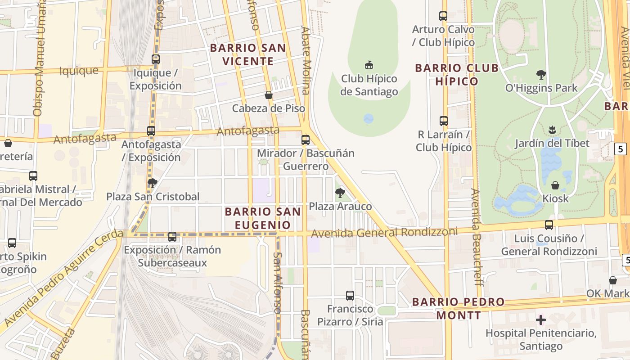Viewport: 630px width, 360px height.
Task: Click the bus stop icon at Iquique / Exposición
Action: [x=156, y=59]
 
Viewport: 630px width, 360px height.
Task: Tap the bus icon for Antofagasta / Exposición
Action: [x=151, y=131]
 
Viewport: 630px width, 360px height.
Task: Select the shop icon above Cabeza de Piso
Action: [x=269, y=95]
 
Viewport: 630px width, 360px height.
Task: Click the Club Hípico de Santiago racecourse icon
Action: [x=369, y=65]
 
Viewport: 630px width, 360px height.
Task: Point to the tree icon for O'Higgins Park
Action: [x=541, y=74]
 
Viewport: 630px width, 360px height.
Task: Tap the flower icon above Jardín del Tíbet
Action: [x=552, y=130]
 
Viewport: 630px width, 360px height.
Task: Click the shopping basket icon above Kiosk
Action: [x=555, y=185]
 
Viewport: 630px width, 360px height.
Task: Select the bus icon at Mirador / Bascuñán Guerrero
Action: [x=306, y=140]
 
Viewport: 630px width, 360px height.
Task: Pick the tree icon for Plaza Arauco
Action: [x=340, y=193]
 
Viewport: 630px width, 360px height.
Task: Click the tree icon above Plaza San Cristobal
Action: [x=153, y=183]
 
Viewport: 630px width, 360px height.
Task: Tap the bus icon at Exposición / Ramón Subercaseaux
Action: [x=172, y=237]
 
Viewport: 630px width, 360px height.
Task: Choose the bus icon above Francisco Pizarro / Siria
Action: [x=350, y=296]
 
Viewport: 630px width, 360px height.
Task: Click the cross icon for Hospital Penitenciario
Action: [x=541, y=320]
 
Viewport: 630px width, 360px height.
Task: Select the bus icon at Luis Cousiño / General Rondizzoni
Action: [x=549, y=225]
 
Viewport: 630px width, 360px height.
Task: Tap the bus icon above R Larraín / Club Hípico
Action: [x=444, y=121]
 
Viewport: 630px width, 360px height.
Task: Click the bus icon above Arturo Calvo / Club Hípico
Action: [x=443, y=16]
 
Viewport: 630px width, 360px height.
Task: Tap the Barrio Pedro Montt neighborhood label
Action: [x=458, y=308]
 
